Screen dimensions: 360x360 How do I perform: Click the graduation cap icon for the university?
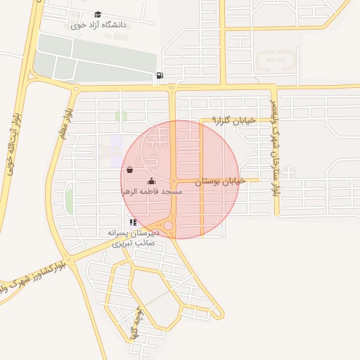tap(98, 14)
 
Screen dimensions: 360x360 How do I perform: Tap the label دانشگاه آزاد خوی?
tap(98, 25)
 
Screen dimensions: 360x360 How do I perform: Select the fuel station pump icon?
tap(160, 76)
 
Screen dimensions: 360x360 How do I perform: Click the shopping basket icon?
tap(129, 169)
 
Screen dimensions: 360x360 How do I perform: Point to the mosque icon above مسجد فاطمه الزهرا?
tap(151, 181)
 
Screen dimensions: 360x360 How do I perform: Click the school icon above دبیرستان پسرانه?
tap(133, 222)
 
